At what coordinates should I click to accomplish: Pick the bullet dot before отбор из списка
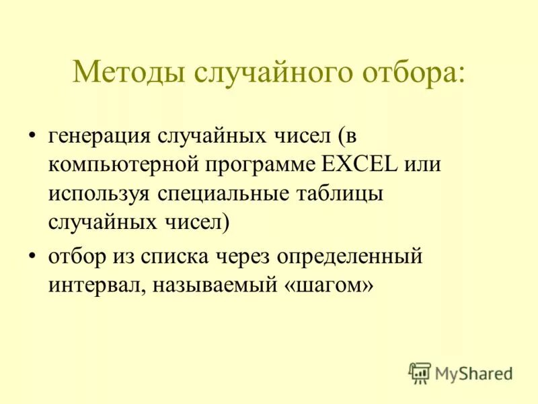(x=32, y=257)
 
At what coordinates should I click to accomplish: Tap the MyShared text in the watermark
(x=473, y=372)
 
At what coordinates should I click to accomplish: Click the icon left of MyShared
(x=420, y=372)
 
